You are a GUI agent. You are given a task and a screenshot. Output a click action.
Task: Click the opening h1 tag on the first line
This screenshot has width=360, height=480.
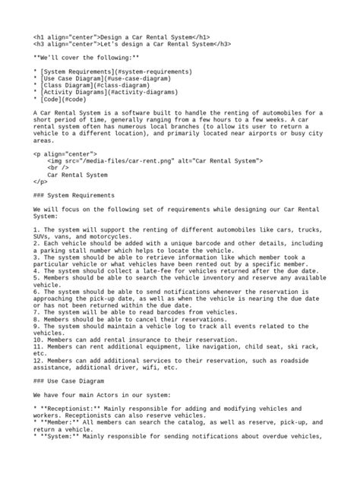click(66, 36)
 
